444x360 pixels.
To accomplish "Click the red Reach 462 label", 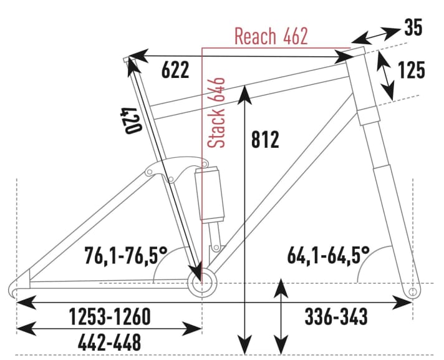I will click(271, 36).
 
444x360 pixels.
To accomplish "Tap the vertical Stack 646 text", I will click(219, 113).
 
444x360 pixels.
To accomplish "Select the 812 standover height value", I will click(266, 140).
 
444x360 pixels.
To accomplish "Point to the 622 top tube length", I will click(175, 71).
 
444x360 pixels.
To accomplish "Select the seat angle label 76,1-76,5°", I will click(127, 255).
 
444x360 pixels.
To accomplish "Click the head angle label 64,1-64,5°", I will click(329, 255).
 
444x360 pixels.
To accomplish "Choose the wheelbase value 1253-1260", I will click(109, 317).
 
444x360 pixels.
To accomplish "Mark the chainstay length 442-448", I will click(109, 341).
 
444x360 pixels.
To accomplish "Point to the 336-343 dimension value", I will click(336, 317).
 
